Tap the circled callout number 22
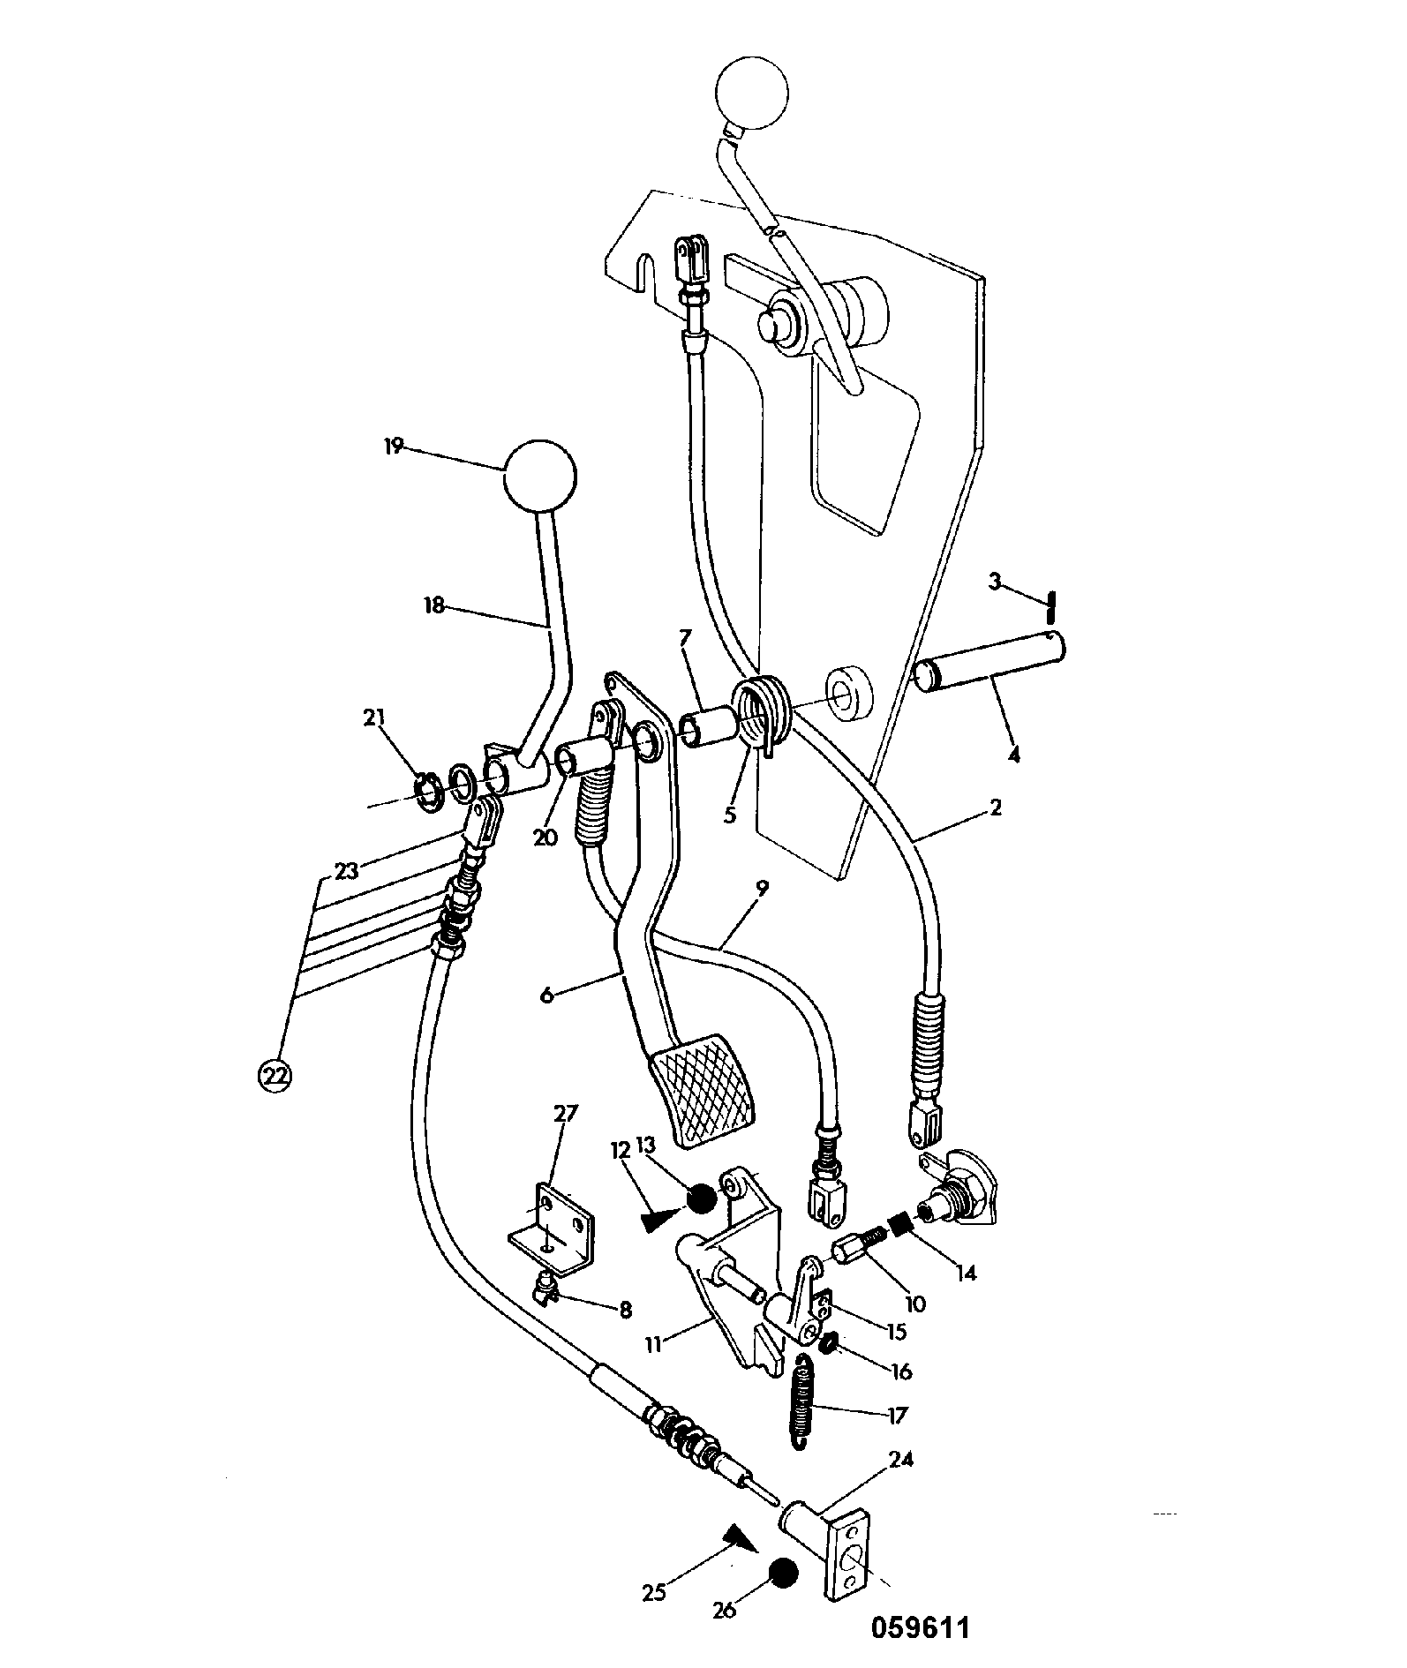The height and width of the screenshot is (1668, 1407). coord(275,1074)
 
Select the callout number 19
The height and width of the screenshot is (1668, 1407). coord(394,447)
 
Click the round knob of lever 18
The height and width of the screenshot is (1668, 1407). coord(539,477)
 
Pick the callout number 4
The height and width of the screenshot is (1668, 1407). coord(1014,755)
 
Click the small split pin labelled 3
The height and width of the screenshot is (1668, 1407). coord(1050,608)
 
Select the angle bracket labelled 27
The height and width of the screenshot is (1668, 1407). coord(553,1229)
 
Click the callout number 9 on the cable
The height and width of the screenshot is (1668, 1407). coord(762,888)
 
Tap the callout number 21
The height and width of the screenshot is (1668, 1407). coord(375,718)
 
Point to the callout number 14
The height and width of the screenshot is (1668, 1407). coord(967,1274)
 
